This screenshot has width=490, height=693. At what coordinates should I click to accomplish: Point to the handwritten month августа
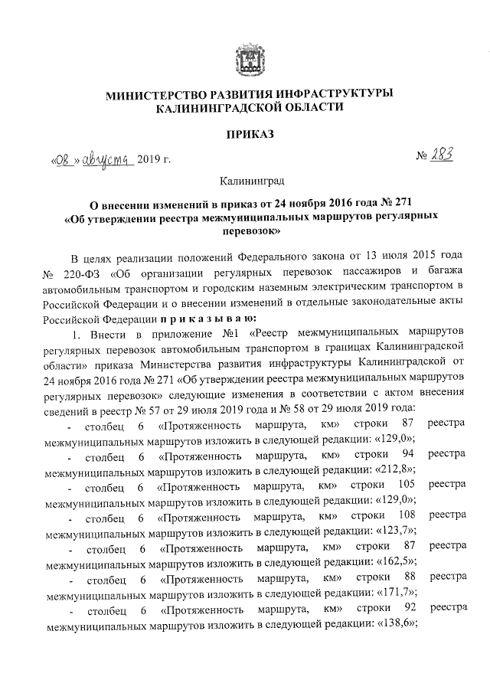(107, 159)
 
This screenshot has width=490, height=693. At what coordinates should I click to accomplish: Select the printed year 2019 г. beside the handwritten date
(153, 160)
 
